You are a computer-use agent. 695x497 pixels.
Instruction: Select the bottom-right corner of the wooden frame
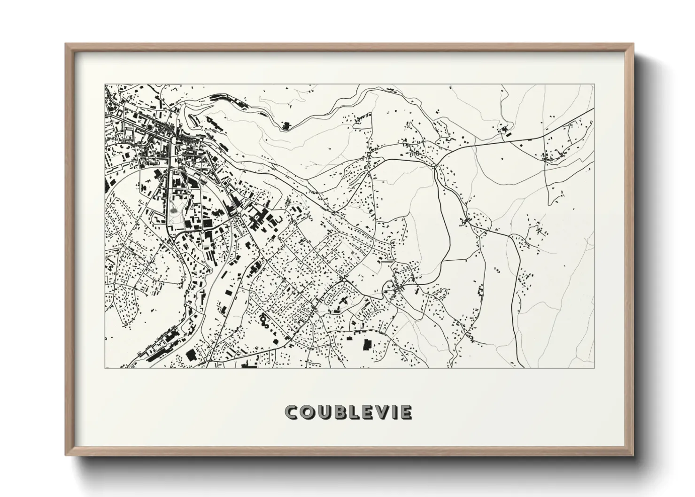click(633, 456)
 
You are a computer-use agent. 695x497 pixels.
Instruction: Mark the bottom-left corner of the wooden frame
click(66, 456)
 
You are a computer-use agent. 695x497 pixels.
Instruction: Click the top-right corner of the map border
click(594, 85)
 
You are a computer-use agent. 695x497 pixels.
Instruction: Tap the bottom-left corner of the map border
click(105, 368)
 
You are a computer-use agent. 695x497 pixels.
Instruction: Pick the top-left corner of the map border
click(105, 85)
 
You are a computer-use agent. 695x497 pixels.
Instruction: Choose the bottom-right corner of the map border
click(594, 368)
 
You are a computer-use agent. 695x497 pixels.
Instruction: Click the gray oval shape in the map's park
click(174, 211)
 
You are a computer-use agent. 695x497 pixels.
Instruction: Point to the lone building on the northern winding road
click(286, 125)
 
